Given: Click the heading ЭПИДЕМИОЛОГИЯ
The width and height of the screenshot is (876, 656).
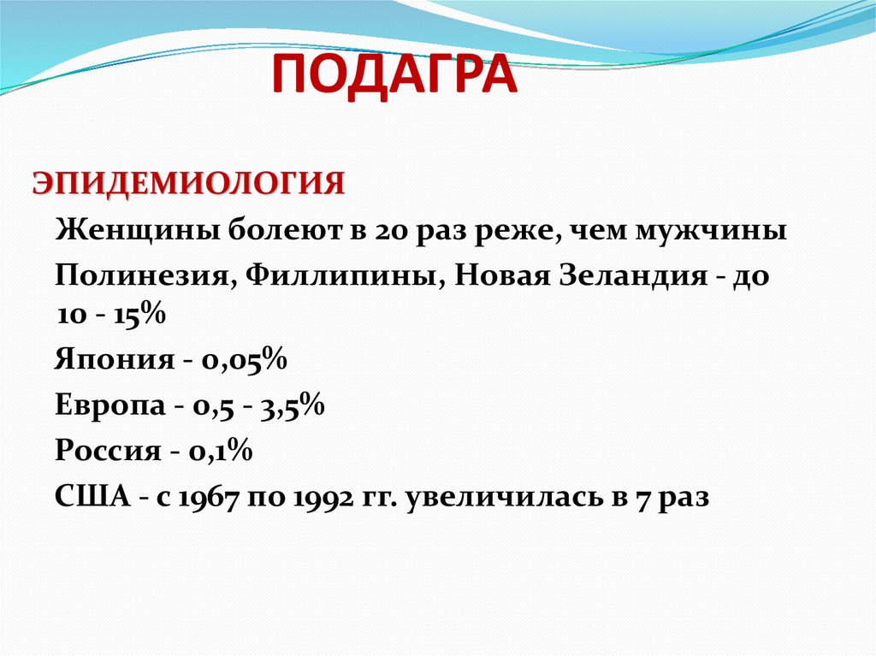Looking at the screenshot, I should click(189, 184).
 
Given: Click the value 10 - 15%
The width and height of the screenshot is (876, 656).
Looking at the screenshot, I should click(110, 315).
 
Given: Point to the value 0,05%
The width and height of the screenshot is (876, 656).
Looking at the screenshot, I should click(244, 360).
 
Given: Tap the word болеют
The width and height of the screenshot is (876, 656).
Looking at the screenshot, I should click(281, 231).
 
